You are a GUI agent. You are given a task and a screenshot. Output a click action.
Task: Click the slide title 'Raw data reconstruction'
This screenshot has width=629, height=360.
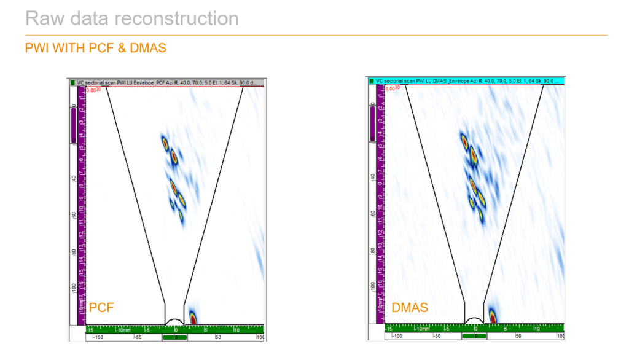click(x=131, y=18)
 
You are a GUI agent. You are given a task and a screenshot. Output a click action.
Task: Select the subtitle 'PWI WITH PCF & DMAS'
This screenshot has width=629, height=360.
click(x=95, y=47)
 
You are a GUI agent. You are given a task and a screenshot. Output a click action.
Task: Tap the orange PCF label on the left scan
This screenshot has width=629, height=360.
click(x=101, y=307)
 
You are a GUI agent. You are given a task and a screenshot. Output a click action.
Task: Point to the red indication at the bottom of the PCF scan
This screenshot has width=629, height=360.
click(x=193, y=318)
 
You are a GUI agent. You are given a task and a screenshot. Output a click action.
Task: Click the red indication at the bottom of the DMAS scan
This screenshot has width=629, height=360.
click(x=493, y=317)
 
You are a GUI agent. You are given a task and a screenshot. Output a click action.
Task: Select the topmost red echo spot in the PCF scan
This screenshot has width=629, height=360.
click(x=165, y=143)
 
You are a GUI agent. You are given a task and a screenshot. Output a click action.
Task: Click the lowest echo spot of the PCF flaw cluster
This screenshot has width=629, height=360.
click(x=182, y=215)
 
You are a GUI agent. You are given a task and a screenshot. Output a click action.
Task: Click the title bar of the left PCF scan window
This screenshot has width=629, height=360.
click(x=166, y=82)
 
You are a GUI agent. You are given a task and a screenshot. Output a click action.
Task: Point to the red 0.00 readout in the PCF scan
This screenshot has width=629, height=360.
click(x=92, y=90)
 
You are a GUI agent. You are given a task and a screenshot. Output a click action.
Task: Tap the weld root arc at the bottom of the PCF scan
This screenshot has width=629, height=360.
click(x=174, y=321)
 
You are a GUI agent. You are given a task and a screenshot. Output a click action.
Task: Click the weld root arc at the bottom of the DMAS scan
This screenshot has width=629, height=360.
click(x=474, y=320)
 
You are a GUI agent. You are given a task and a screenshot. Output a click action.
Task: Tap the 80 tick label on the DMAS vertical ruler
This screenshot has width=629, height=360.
click(x=372, y=251)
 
